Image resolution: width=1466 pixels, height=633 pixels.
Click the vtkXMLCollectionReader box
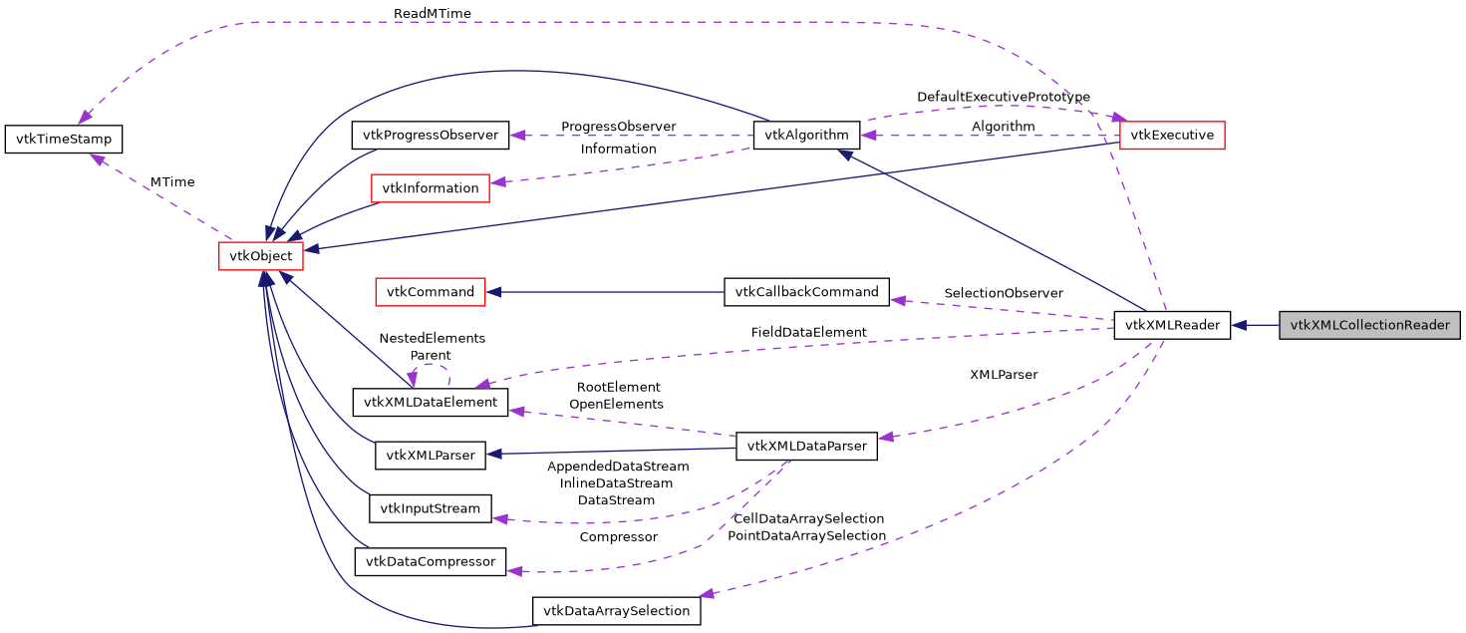click(1369, 325)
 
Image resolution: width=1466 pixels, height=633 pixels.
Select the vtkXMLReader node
click(1172, 325)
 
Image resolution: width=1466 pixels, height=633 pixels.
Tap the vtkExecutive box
click(1171, 135)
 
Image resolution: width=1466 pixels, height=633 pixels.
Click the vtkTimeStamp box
click(64, 139)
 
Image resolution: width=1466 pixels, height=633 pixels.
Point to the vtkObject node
click(261, 256)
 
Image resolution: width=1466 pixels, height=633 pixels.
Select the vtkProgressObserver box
click(431, 135)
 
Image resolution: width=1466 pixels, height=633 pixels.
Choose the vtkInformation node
click(430, 187)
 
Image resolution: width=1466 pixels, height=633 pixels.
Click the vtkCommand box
click(430, 292)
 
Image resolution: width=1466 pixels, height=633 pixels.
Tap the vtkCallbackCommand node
click(806, 292)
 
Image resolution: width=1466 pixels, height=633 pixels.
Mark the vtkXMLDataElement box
click(431, 402)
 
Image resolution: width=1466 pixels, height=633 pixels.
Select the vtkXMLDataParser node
click(806, 446)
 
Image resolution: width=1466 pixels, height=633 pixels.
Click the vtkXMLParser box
click(431, 456)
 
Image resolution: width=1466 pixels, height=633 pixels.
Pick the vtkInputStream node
click(431, 508)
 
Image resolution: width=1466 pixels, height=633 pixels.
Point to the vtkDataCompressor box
click(431, 561)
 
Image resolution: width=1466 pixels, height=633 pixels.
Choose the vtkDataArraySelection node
click(617, 610)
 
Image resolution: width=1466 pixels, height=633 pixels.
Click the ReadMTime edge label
click(432, 13)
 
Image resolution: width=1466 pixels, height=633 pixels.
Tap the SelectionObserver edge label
click(1004, 293)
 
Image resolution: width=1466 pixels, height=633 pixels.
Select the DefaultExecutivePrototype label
click(1003, 97)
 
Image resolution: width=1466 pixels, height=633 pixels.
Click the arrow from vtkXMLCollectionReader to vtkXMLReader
click(1256, 325)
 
